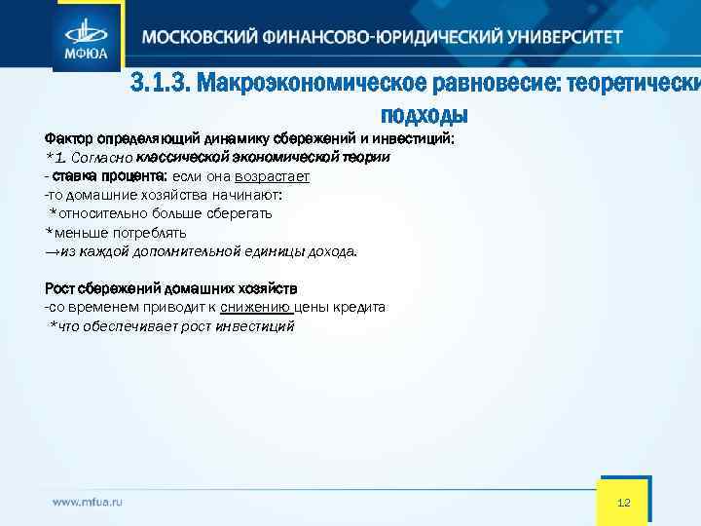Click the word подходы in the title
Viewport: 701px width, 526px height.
(424, 114)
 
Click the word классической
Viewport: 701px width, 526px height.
(186, 157)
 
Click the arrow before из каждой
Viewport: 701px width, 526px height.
(52, 251)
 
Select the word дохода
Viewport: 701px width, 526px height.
(333, 251)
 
